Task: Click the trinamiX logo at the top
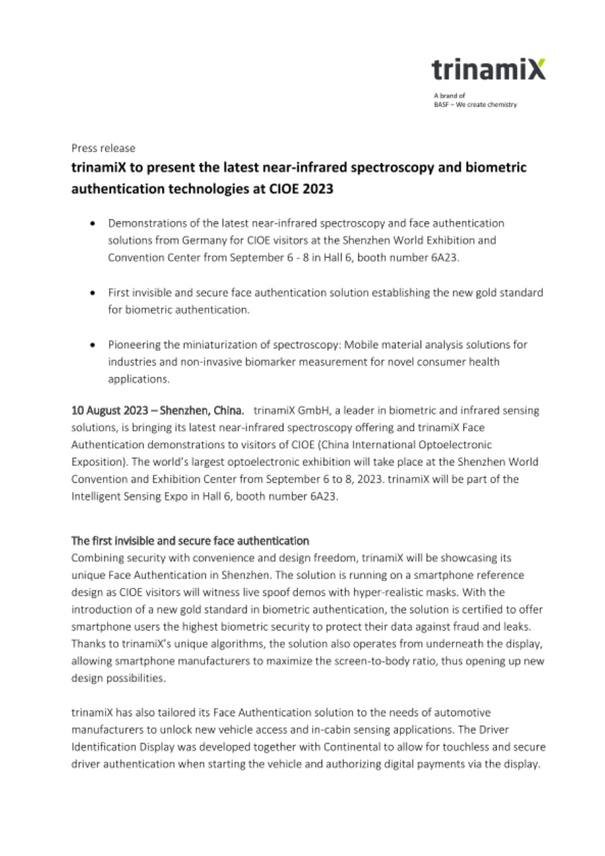click(488, 70)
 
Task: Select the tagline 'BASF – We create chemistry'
click(475, 105)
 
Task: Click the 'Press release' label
click(103, 148)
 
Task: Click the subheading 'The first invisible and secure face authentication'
click(190, 540)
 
